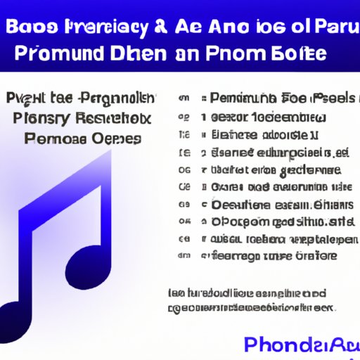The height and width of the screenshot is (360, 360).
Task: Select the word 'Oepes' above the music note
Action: (115, 138)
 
